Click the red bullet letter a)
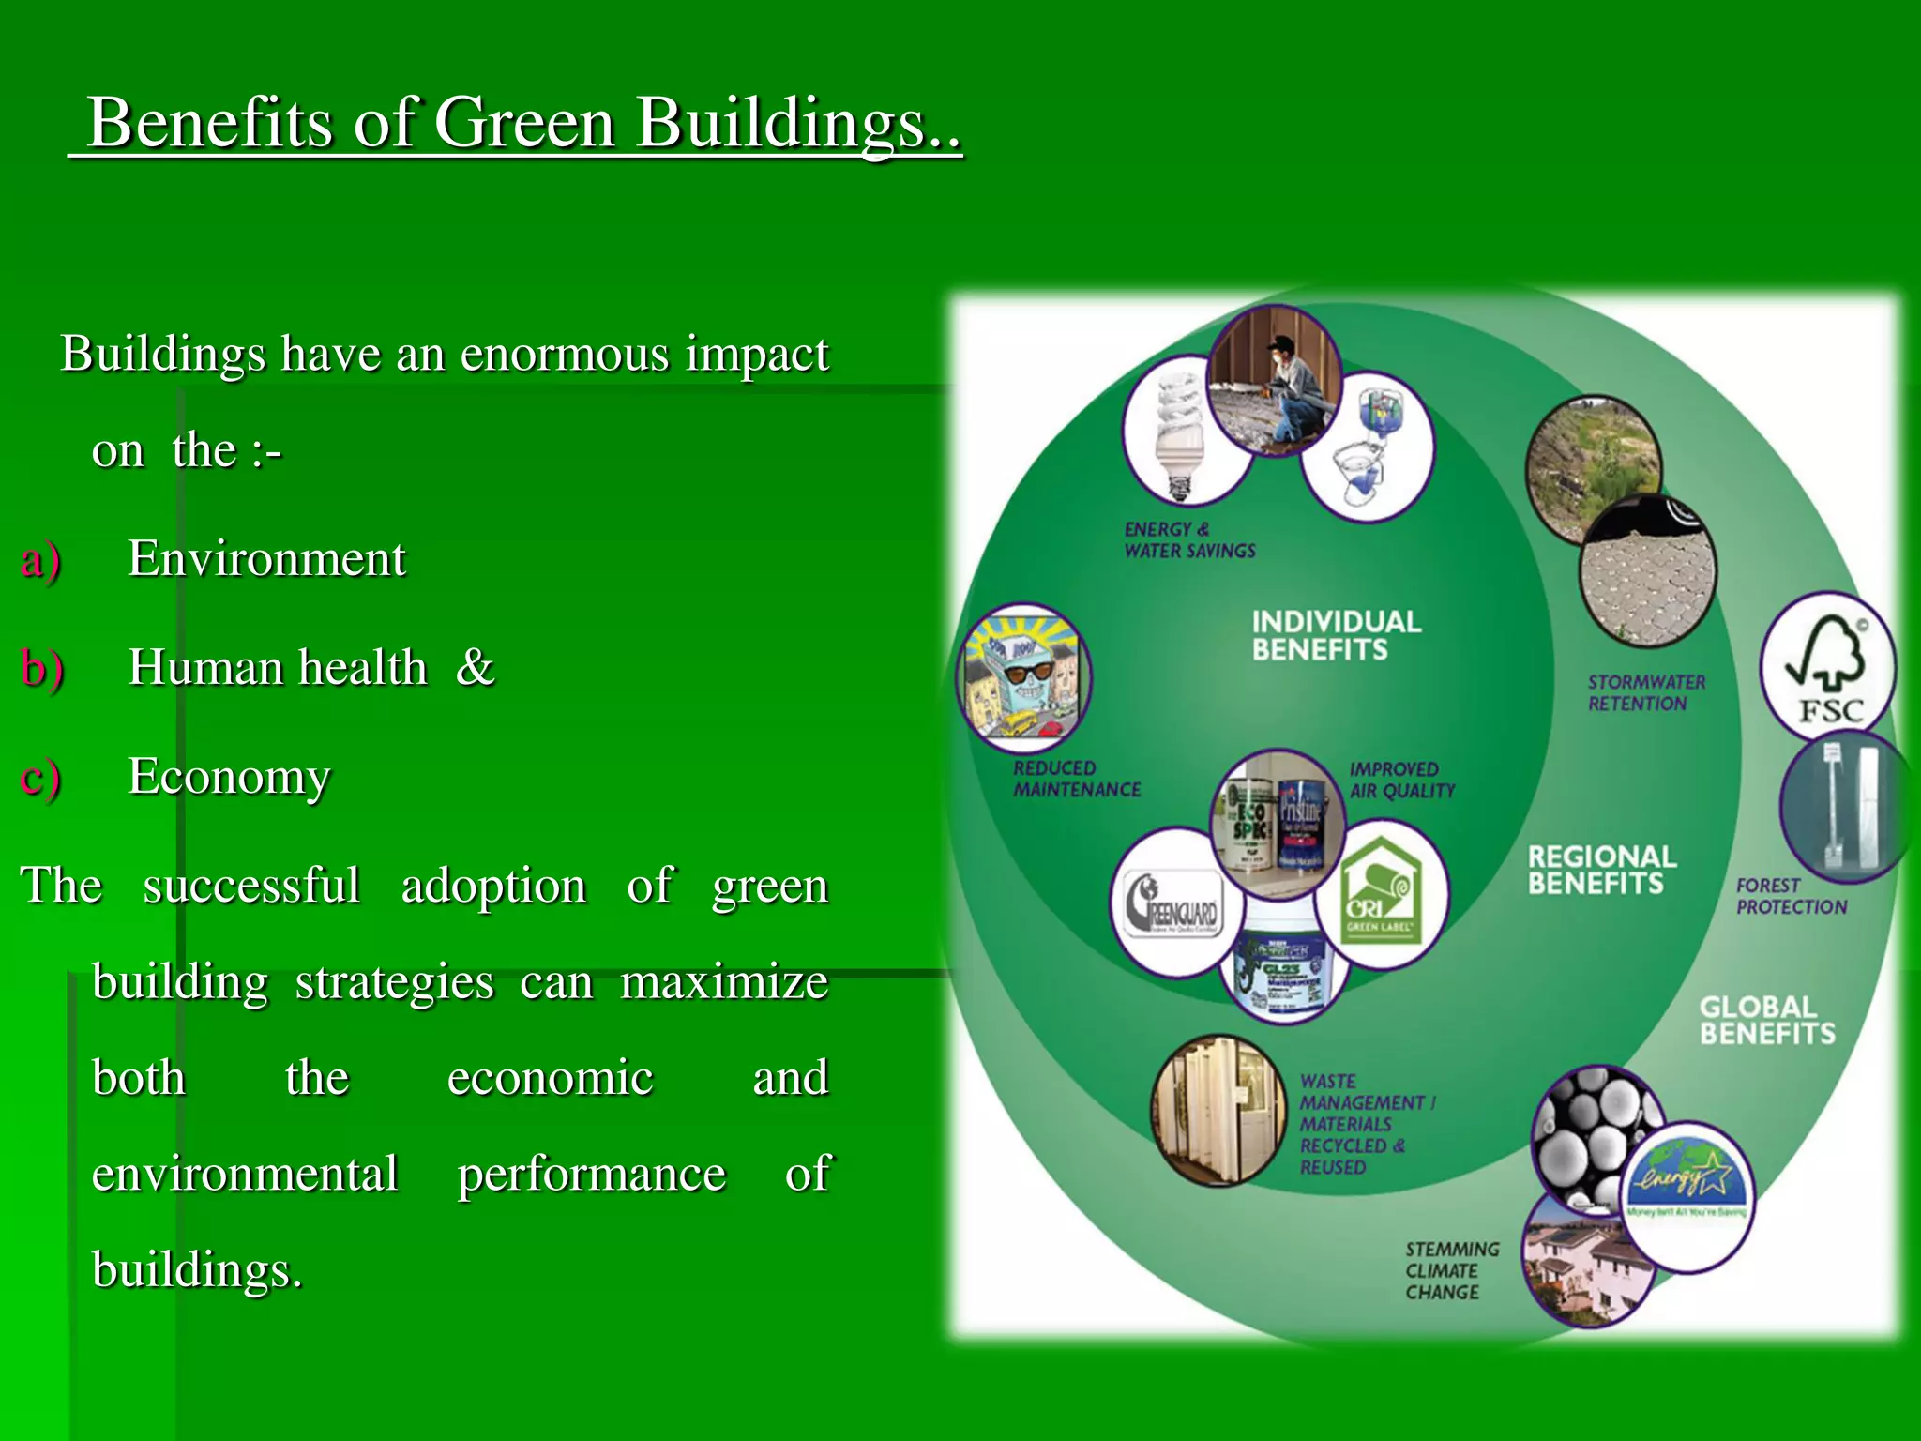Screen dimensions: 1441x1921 [x=40, y=560]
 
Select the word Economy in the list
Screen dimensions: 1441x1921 [x=229, y=777]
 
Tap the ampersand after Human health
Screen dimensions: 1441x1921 [x=476, y=667]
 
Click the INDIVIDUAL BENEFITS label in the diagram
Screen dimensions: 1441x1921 [x=1336, y=635]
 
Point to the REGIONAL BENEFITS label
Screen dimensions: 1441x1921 [x=1602, y=870]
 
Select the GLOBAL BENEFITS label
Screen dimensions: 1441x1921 [x=1766, y=1021]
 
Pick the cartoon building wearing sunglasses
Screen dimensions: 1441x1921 [x=1024, y=677]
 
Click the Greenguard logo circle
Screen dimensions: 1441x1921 [x=1175, y=903]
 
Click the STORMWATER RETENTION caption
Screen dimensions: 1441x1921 [x=1646, y=693]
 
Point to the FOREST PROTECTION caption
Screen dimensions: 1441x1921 [x=1791, y=896]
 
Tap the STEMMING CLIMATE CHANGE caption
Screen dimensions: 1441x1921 [x=1451, y=1271]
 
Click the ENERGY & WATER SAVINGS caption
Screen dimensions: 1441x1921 [x=1189, y=540]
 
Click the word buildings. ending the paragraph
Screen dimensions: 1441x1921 [x=197, y=1270]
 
